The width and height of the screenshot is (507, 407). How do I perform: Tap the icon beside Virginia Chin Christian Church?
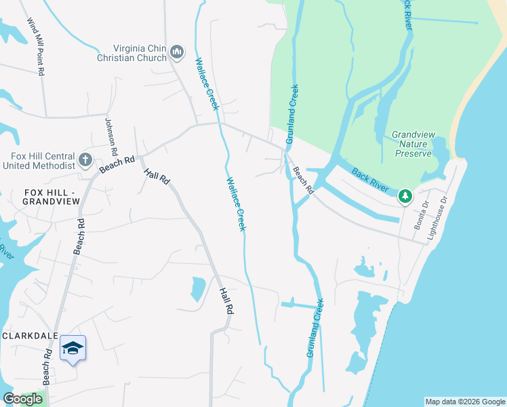pos(178,52)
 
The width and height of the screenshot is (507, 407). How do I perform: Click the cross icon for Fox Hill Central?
pos(85,160)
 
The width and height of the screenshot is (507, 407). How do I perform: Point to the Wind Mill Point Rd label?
pos(36,46)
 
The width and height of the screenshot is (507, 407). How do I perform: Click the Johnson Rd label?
pos(111,136)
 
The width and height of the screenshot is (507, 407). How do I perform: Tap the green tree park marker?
pos(405,197)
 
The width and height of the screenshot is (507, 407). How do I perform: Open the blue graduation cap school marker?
pos(73,349)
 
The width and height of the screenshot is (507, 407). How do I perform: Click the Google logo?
pos(22,399)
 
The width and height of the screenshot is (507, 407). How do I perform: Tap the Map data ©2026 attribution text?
pos(464,402)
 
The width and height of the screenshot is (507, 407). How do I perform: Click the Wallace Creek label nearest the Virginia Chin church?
pos(207,84)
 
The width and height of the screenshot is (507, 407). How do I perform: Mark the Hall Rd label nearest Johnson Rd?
pos(157,176)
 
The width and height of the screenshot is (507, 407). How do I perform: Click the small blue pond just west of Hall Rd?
pos(197,289)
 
